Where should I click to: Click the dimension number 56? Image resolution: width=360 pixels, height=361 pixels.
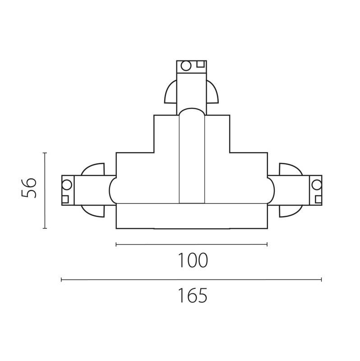point(28,187)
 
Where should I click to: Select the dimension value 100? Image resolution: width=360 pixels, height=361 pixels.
point(192,260)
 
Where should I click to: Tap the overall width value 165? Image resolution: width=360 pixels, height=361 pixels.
point(192,296)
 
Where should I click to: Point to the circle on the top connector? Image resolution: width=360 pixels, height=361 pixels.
point(185,66)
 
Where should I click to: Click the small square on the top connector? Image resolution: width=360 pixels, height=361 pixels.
point(200,64)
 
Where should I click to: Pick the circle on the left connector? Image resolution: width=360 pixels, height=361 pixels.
point(67,184)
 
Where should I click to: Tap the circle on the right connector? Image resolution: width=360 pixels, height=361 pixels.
point(317,184)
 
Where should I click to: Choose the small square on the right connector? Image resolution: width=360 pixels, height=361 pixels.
point(318,199)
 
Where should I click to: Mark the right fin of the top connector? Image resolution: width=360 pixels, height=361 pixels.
point(212,93)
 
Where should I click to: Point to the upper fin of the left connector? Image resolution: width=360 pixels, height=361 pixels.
point(93,170)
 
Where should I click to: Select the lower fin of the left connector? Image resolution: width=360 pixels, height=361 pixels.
point(93,210)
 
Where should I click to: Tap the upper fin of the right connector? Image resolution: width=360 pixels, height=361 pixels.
point(290,170)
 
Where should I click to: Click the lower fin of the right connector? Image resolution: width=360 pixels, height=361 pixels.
point(290,210)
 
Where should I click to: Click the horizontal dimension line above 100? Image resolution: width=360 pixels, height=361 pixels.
point(192,245)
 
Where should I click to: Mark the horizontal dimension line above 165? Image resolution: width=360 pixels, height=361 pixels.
point(192,280)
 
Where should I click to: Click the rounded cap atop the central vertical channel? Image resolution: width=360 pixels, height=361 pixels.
point(192,111)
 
